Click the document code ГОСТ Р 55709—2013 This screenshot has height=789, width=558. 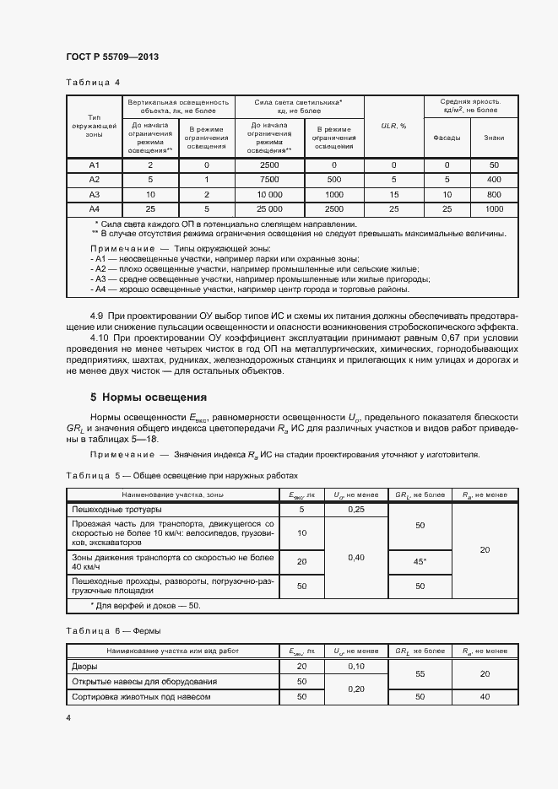(112, 57)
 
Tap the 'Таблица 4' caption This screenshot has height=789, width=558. (93, 82)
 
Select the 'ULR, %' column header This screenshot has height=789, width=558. (393, 126)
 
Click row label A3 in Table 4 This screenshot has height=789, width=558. (95, 194)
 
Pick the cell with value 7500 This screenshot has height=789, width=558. (270, 180)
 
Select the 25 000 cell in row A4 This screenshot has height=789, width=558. (270, 208)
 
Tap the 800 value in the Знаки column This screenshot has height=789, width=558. (495, 194)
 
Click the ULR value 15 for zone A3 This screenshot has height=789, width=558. (393, 194)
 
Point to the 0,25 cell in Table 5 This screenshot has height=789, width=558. (355, 510)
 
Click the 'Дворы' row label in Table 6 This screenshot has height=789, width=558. (86, 667)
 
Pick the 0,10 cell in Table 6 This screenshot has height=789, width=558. (355, 667)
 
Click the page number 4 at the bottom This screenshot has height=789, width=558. (68, 717)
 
